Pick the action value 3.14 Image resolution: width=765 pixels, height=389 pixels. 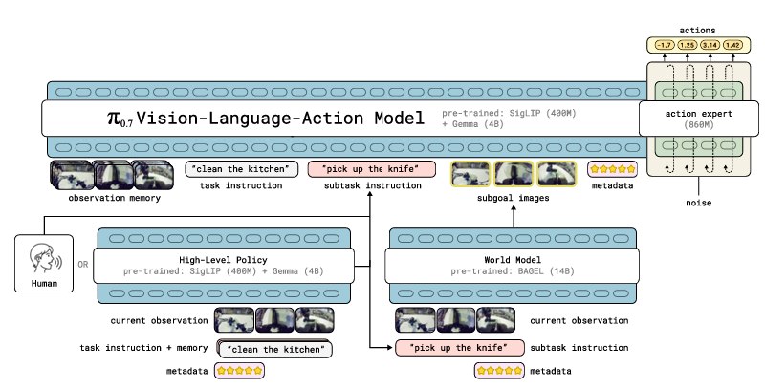click(x=708, y=45)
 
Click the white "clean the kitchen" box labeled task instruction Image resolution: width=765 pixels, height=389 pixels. click(x=242, y=170)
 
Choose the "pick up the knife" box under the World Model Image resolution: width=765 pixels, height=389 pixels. click(x=460, y=347)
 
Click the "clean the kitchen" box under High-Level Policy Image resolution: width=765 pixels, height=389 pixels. click(x=276, y=348)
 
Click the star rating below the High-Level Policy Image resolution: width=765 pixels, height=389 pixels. click(x=239, y=371)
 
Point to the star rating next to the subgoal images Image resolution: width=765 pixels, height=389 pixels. click(x=613, y=170)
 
